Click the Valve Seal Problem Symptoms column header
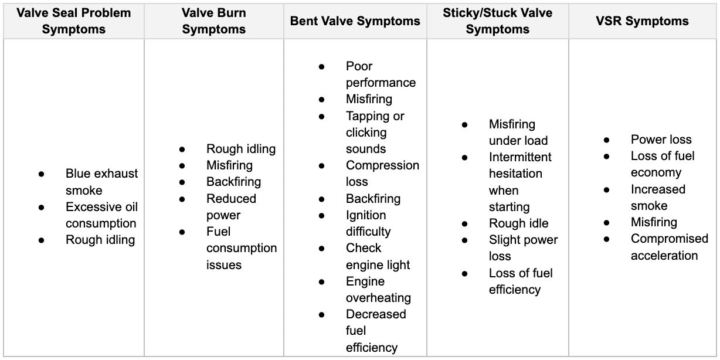coord(73,22)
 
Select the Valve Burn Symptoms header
coord(214,22)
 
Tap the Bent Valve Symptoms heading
coord(355,22)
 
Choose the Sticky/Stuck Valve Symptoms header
coord(497,22)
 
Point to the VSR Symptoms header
coord(642,22)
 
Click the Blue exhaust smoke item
coord(101,182)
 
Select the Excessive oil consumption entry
coord(101,215)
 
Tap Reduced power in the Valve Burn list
coord(231,207)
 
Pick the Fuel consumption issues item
coord(241,248)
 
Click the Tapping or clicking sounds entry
coord(375,133)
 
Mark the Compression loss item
coord(382,174)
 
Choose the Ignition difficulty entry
coord(368,223)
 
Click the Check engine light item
coord(378,256)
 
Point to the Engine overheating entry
coord(378,290)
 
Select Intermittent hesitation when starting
coord(519,182)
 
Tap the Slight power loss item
coord(523,248)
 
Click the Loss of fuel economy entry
coord(663,164)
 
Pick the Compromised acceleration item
coord(669,247)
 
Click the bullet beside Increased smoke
coord(606,189)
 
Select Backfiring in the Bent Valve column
coord(373,198)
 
